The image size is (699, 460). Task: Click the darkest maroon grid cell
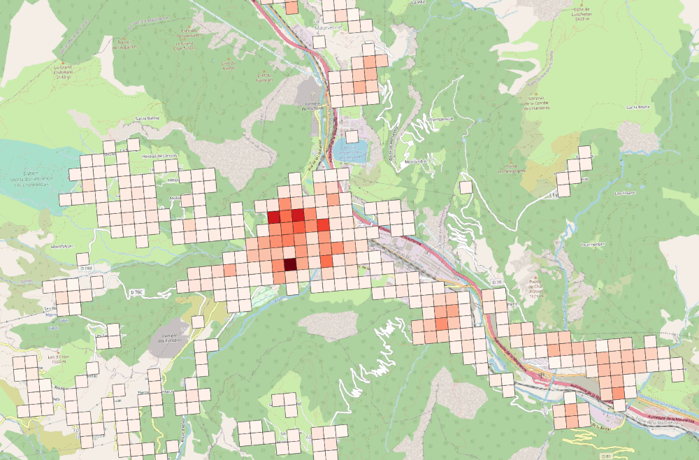pyautogui.click(x=289, y=264)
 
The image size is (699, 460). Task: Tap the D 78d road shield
pyautogui.click(x=86, y=268)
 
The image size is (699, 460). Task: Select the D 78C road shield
pyautogui.click(x=138, y=291)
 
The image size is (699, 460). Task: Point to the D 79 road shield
pyautogui.click(x=497, y=281)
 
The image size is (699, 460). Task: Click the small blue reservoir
pyautogui.click(x=350, y=152)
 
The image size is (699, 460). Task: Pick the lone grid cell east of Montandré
pyautogui.click(x=466, y=187)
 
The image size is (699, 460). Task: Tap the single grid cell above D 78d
pyautogui.click(x=82, y=259)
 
